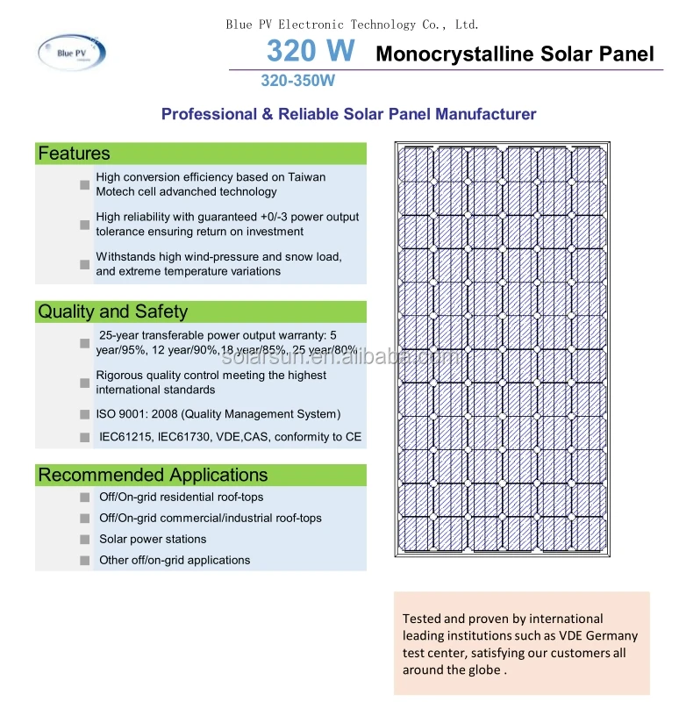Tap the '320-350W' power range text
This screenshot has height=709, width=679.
297,81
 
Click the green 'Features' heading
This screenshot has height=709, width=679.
75,154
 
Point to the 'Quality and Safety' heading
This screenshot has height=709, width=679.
112,312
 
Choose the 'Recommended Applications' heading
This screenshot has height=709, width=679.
152,475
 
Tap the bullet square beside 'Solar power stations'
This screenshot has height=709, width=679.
84,540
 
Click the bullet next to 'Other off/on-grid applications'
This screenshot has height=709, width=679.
84,561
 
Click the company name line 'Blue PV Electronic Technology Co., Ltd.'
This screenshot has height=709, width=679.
353,25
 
